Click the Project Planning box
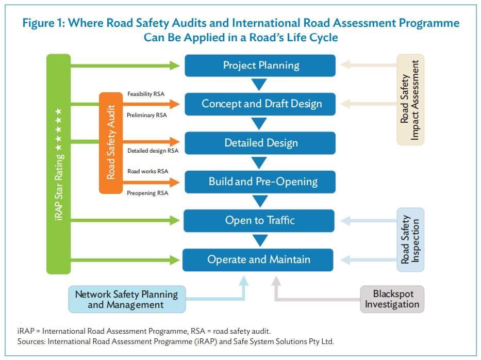point(260,66)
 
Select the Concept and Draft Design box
point(260,104)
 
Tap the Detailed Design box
point(260,143)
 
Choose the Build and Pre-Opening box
point(260,182)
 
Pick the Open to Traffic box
point(259,221)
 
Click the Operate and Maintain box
point(258,259)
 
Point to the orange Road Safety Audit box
point(111,143)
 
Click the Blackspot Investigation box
point(392,299)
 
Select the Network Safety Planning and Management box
point(127,299)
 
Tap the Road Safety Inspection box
point(410,240)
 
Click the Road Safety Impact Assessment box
point(410,100)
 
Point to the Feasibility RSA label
point(146,94)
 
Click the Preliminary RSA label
point(146,115)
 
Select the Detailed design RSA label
point(153,151)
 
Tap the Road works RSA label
point(147,171)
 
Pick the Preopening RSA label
point(147,193)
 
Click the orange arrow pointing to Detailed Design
point(151,142)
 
